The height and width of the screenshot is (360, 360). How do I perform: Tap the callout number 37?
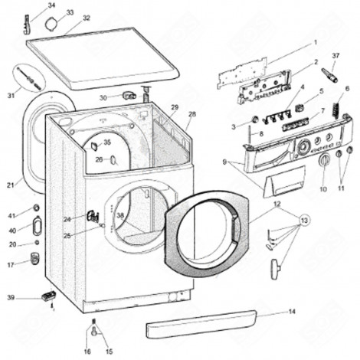click(335, 55)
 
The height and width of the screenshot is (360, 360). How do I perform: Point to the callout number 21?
click(10, 185)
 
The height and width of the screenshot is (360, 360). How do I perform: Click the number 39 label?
click(10, 297)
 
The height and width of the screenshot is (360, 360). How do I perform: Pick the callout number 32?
click(86, 18)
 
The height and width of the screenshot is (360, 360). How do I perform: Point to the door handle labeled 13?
click(275, 269)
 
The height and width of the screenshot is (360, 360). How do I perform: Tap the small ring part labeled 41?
click(36, 208)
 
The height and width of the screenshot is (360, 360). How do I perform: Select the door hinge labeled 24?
click(92, 217)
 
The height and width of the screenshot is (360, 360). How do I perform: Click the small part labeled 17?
click(34, 259)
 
